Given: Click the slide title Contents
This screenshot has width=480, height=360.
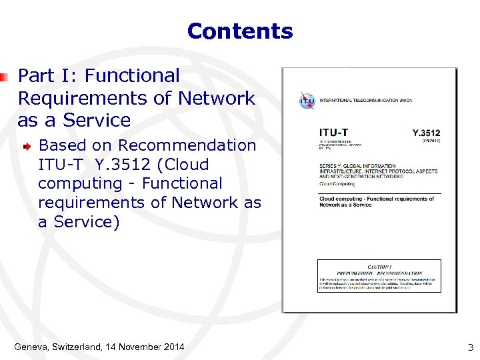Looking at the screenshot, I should coord(240,31).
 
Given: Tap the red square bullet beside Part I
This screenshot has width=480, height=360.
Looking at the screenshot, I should coord(4,77).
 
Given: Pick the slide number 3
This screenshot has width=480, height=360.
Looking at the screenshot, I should coord(470,347).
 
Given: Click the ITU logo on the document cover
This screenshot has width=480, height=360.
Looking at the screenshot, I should coord(307,101).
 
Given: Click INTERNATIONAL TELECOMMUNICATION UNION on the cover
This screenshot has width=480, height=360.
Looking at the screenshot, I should coord(366,101).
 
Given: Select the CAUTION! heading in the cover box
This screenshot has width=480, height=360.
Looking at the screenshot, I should coord(379,267).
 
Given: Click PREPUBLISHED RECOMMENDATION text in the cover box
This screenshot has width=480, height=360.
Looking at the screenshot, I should coord(379,273).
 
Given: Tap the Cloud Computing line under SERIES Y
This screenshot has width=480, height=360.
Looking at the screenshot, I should coord(337,183).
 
